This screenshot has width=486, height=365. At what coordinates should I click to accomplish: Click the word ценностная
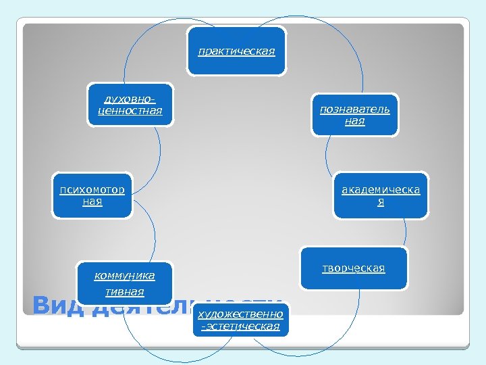[x=130, y=110]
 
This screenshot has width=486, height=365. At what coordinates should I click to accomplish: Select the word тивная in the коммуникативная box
[x=125, y=292]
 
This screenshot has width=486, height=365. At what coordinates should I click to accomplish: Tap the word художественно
[x=240, y=314]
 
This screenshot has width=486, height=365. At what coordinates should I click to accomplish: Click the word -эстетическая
[x=240, y=326]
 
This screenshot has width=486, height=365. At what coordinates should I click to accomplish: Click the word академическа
[x=380, y=190]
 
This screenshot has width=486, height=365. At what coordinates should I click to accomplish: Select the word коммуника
[x=125, y=275]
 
